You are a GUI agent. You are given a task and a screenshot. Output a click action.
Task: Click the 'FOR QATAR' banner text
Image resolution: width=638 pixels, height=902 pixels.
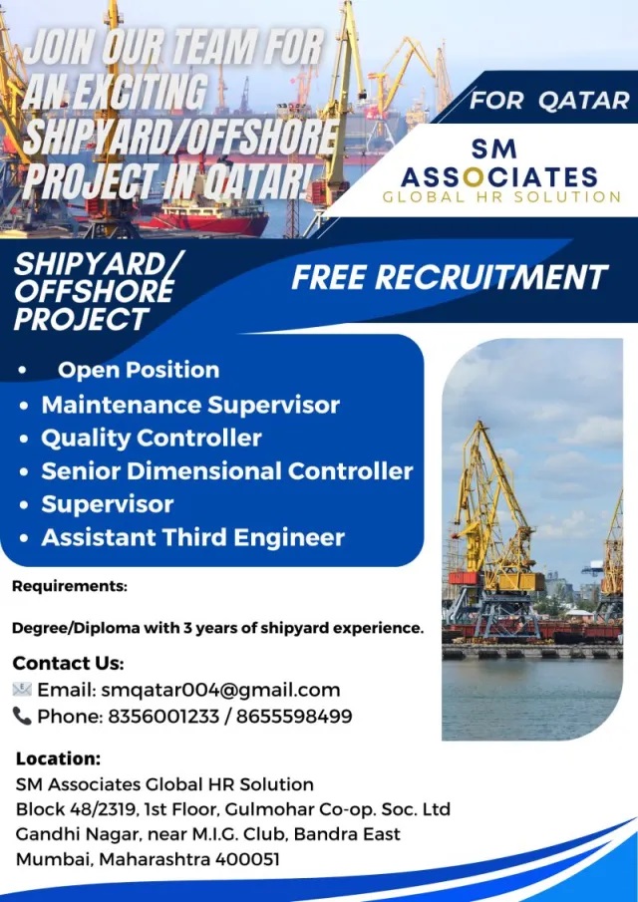click(x=549, y=101)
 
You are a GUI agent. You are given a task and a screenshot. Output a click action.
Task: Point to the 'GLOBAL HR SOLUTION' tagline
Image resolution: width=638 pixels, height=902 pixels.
click(x=501, y=196)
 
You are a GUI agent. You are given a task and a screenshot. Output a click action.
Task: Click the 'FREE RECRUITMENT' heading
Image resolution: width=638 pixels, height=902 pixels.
click(x=450, y=277)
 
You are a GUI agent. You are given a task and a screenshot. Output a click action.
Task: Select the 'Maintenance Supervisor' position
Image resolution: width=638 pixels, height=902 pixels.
click(x=190, y=405)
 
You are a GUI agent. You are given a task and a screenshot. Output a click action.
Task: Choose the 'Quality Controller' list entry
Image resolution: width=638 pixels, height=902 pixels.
click(x=152, y=439)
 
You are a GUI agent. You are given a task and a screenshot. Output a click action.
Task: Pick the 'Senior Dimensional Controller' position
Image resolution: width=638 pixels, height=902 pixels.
click(x=227, y=471)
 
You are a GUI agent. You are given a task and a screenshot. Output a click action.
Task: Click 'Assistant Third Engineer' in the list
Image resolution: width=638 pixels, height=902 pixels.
click(x=192, y=537)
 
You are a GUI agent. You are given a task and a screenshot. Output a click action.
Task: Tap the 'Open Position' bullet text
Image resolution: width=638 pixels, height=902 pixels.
click(x=139, y=370)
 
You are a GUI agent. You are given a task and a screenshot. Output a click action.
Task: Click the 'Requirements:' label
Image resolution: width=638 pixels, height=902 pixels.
click(x=69, y=587)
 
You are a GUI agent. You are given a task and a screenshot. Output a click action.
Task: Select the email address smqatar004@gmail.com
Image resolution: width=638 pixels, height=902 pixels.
click(x=220, y=690)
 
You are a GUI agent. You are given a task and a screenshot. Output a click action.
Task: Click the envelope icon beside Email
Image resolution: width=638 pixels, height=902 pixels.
click(x=22, y=689)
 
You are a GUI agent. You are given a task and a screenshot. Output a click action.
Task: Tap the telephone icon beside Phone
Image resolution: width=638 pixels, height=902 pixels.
click(x=22, y=717)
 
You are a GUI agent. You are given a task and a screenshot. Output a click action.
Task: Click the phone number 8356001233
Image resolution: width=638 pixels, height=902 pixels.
click(x=163, y=717)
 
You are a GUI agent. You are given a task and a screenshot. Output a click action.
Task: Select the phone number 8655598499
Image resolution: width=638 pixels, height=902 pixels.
click(x=294, y=717)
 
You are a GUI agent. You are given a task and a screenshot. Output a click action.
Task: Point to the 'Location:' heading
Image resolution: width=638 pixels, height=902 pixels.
click(x=58, y=758)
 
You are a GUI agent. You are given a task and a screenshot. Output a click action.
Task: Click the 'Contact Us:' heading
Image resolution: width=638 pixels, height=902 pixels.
click(x=68, y=663)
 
